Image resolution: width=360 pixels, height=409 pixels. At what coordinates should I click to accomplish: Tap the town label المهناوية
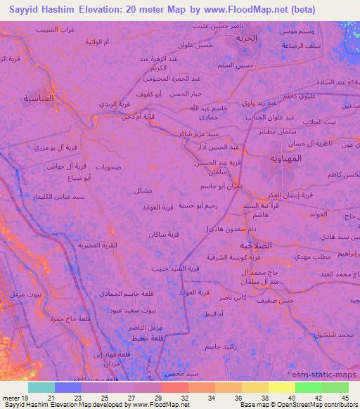(x=286, y=158)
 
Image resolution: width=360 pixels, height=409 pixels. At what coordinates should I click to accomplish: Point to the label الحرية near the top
(x=247, y=37)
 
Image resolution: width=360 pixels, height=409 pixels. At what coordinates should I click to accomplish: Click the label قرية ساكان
(x=163, y=234)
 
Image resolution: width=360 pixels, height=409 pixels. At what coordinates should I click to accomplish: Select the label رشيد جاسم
(x=219, y=346)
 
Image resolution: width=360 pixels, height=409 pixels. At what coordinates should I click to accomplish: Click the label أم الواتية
(x=96, y=43)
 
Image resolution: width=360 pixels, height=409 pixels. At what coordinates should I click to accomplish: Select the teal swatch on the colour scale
(x=41, y=387)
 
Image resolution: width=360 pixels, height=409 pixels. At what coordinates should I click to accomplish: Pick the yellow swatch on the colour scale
(x=281, y=387)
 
